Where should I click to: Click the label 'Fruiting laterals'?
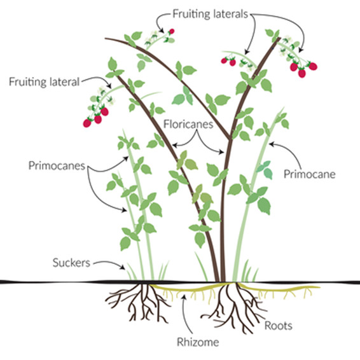click(210, 14)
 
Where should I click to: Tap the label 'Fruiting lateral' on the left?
click(44, 82)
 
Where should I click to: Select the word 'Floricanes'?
click(188, 124)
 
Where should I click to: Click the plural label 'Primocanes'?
click(57, 165)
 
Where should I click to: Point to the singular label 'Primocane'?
click(310, 174)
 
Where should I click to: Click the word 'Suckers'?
click(71, 263)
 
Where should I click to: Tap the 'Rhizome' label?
click(198, 342)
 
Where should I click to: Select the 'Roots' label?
click(278, 326)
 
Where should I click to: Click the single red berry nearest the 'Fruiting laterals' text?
click(172, 31)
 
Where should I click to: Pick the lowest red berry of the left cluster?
click(87, 123)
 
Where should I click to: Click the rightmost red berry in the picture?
click(313, 66)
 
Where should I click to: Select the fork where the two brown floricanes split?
click(230, 139)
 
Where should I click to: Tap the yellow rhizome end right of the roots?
click(318, 287)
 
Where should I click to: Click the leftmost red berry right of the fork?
click(224, 60)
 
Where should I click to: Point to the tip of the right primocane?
click(284, 107)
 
